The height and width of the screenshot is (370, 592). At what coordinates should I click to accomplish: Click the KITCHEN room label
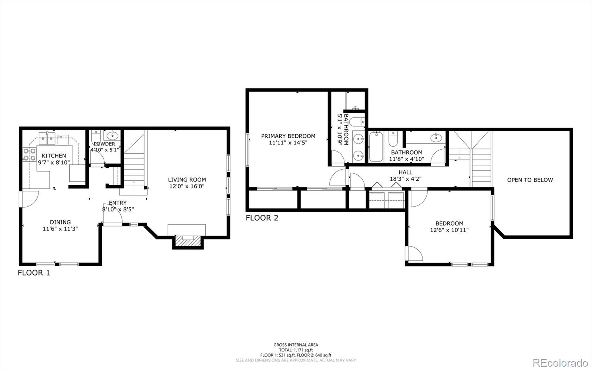pos(54,156)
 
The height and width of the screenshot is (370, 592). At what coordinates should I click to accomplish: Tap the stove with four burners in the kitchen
pos(30,155)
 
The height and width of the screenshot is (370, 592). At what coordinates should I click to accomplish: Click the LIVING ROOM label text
pos(187,180)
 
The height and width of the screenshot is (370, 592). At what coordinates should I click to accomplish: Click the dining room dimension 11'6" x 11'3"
pos(60,229)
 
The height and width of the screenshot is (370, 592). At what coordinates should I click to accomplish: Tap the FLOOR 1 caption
pos(34,273)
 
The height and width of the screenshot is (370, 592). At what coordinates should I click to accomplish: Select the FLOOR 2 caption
pos(262,218)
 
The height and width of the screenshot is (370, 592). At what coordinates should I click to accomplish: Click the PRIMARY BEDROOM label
pos(288,136)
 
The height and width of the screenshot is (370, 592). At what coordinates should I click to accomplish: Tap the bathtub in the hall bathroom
pos(376,147)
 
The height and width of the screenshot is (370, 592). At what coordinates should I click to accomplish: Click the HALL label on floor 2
pos(406,172)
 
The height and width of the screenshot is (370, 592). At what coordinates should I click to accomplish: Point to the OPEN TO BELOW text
pos(530,180)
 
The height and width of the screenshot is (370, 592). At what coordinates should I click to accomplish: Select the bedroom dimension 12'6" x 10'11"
pos(449,230)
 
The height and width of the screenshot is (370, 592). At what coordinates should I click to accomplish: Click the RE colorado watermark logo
pos(560,362)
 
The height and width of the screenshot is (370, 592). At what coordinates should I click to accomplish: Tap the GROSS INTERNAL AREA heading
pos(296,345)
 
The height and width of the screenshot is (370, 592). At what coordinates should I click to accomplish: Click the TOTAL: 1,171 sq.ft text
pos(296,350)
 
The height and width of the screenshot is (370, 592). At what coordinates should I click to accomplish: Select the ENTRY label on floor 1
pos(118,203)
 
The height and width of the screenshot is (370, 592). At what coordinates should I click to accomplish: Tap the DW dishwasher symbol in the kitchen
pos(60,137)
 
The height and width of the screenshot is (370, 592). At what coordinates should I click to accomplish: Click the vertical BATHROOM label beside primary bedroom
pos(346,129)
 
